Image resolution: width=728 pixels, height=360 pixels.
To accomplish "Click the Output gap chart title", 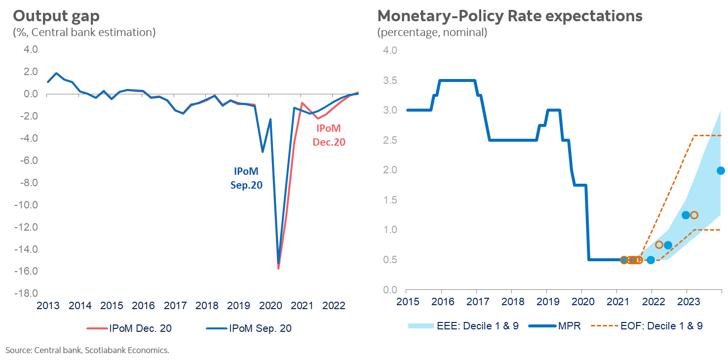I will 56,16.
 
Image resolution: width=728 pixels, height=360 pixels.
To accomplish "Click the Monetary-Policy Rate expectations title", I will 509,16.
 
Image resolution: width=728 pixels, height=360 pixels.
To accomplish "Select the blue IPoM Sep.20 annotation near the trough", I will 246,178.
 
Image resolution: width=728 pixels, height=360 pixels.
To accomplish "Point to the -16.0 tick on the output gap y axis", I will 28,272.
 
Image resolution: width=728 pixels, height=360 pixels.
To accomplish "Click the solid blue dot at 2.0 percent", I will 721,170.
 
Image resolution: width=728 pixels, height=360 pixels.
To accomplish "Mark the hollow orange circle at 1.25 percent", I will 694,215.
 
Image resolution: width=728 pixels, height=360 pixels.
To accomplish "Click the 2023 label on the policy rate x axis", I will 687,301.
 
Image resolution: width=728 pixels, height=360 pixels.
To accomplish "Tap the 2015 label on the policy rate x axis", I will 406,301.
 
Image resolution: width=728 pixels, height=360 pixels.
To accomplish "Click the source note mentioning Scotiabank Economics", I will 87,351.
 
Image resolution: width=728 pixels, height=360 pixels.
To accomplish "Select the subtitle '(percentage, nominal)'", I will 432,33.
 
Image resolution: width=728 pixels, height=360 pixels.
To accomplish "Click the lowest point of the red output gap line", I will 278,268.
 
